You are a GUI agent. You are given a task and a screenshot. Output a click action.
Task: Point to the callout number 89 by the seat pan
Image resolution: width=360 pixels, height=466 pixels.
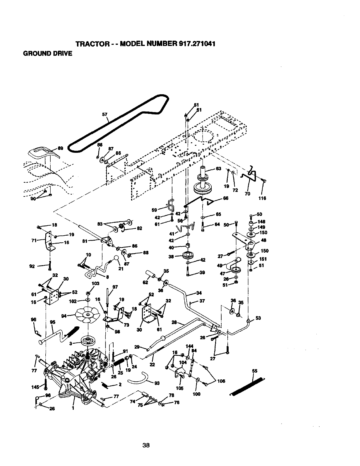click(x=61, y=148)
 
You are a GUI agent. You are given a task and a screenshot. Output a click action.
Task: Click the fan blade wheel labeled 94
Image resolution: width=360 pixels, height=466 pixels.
click(x=88, y=315)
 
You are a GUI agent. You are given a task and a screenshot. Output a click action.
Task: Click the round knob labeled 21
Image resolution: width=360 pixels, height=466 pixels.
click(x=116, y=258)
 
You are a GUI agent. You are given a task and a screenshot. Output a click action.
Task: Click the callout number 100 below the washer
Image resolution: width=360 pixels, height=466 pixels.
click(x=196, y=394)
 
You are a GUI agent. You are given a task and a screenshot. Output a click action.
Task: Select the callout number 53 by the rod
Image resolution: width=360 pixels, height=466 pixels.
click(x=258, y=318)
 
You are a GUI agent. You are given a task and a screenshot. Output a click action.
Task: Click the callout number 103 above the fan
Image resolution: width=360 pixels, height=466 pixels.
click(x=95, y=283)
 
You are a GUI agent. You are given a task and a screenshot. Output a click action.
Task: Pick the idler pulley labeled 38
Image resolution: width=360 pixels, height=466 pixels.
click(x=187, y=255)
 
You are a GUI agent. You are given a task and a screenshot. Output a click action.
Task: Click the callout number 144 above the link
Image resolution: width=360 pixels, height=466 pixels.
click(x=189, y=346)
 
